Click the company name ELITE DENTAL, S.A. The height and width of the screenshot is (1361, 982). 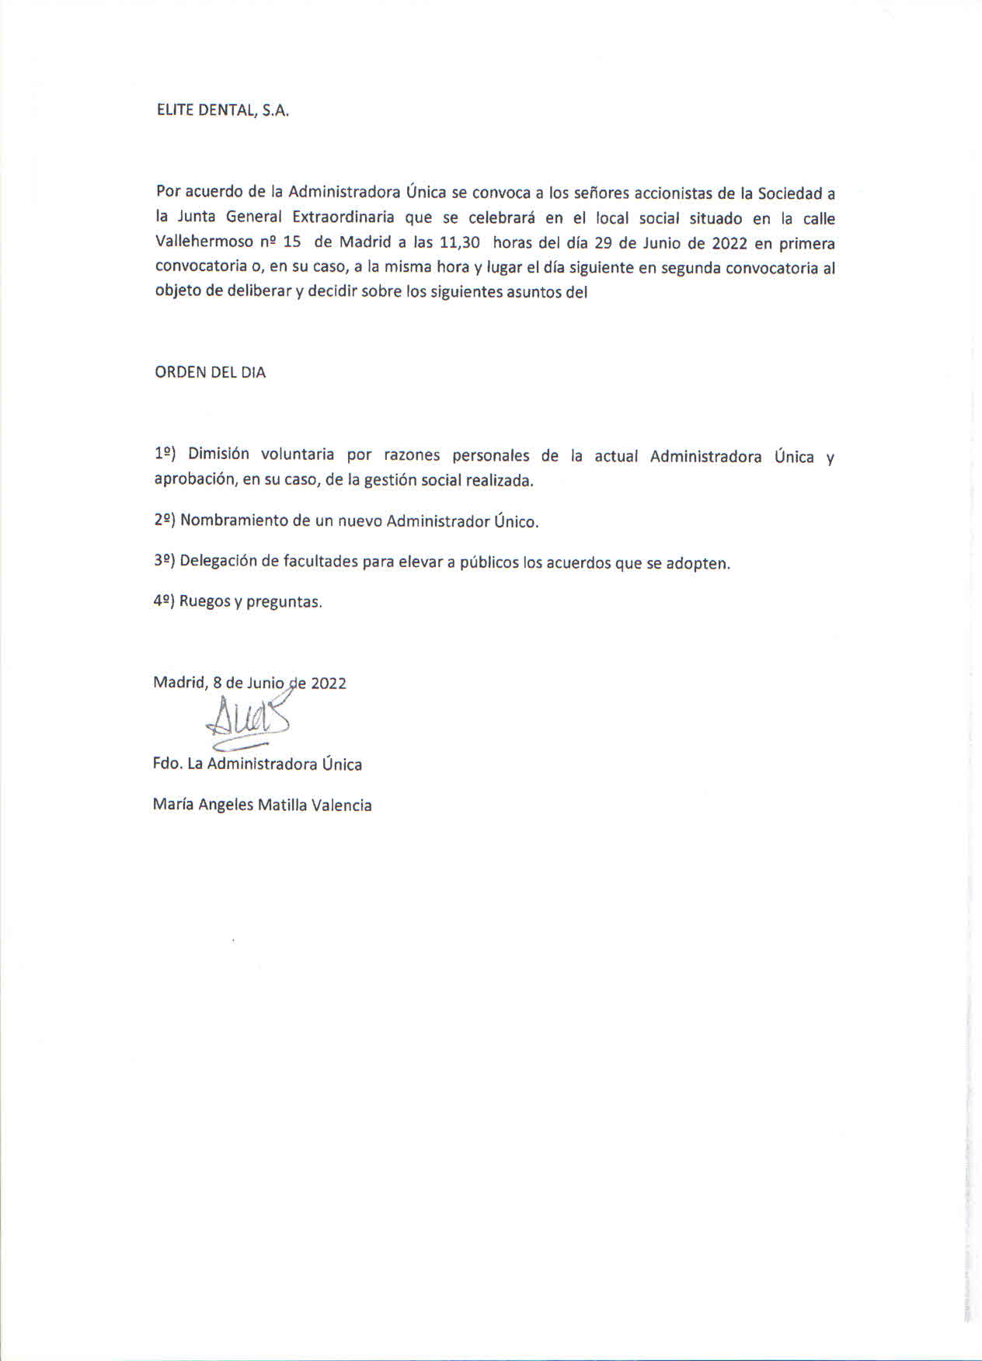[222, 110]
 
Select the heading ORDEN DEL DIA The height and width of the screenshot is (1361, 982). [210, 372]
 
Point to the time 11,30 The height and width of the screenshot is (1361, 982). [460, 242]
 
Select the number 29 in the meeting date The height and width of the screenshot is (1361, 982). [603, 242]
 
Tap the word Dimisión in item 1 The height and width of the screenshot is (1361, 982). [219, 454]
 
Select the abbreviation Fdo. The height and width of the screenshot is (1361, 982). [167, 764]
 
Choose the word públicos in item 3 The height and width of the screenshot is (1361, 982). [489, 562]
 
